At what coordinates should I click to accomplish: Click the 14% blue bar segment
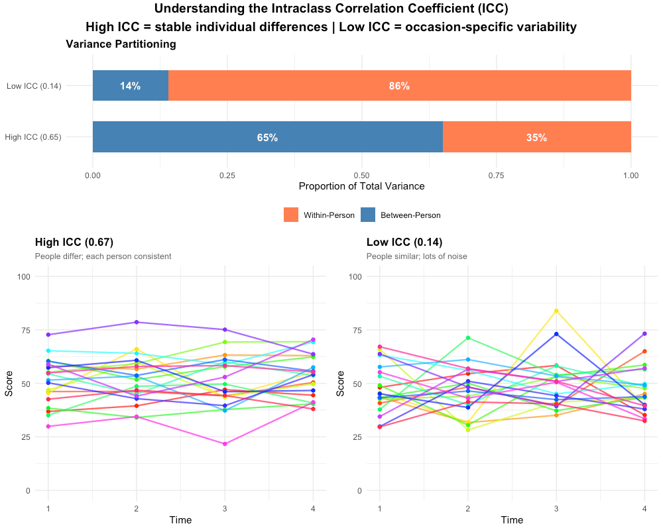pyautogui.click(x=130, y=85)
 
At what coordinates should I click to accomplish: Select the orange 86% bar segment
pyautogui.click(x=399, y=85)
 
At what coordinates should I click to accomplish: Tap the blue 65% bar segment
pyautogui.click(x=267, y=137)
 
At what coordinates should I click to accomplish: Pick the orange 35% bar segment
pyautogui.click(x=536, y=137)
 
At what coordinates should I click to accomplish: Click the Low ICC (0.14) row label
pyautogui.click(x=34, y=85)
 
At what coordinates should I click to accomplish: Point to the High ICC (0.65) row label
pyautogui.click(x=33, y=137)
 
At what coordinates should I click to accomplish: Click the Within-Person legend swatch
pyautogui.click(x=291, y=215)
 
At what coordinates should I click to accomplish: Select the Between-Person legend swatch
pyautogui.click(x=367, y=215)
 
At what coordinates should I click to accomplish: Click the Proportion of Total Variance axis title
pyautogui.click(x=361, y=186)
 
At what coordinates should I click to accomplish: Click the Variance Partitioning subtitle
pyautogui.click(x=121, y=44)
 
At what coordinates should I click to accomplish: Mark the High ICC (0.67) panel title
pyautogui.click(x=72, y=242)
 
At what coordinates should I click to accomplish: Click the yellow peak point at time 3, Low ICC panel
pyautogui.click(x=556, y=310)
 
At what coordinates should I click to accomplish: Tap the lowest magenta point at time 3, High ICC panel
pyautogui.click(x=225, y=444)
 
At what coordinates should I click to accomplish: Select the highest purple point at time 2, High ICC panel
pyautogui.click(x=137, y=322)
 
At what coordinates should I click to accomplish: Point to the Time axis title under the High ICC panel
pyautogui.click(x=180, y=520)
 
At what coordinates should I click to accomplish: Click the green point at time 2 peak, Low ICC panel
pyautogui.click(x=468, y=338)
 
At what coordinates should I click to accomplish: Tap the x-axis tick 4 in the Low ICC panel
pyautogui.click(x=644, y=507)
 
